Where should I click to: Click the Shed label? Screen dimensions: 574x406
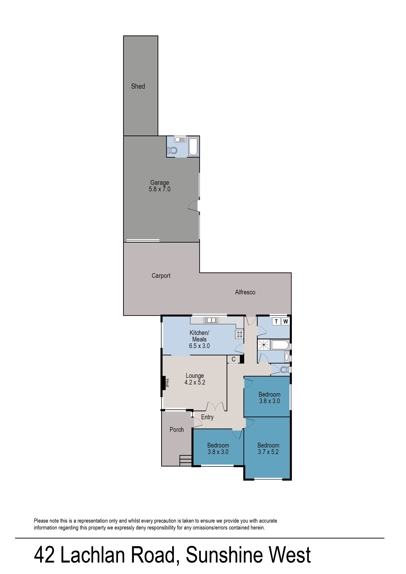138,86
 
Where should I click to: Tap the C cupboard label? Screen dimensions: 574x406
233,359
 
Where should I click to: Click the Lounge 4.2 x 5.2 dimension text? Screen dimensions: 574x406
195,382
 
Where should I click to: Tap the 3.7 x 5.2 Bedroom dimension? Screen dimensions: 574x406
268,452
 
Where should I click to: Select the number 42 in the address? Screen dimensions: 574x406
44,555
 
